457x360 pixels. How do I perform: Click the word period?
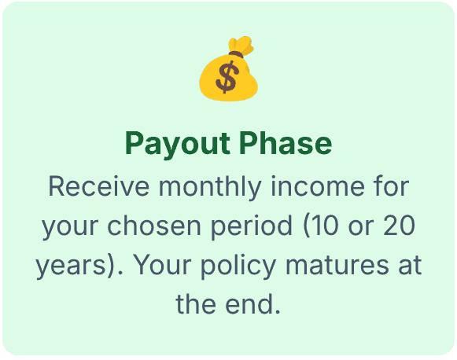tap(252, 227)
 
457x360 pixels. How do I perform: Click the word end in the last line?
tap(257, 303)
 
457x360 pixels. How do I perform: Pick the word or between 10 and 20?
tap(359, 227)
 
